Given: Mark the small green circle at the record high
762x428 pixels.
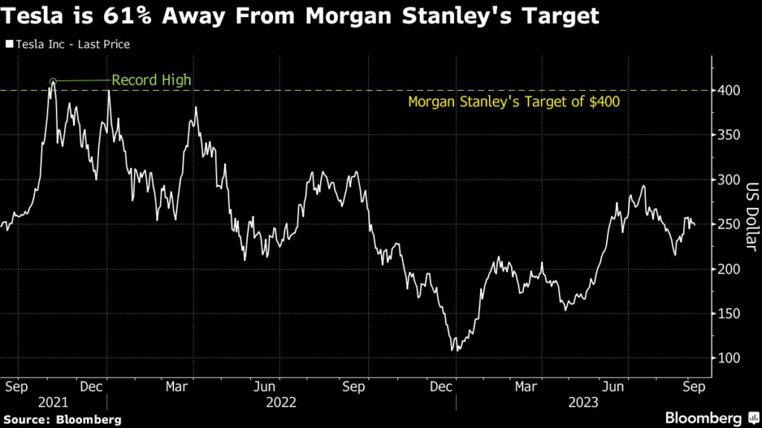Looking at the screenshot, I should (53, 81).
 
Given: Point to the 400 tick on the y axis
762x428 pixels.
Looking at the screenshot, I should (729, 91).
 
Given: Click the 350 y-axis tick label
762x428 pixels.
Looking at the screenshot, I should (729, 135).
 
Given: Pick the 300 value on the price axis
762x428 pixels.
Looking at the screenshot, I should (729, 180).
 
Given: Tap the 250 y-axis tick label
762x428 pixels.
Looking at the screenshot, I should (729, 224).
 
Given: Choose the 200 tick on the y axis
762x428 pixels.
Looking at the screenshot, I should (729, 269).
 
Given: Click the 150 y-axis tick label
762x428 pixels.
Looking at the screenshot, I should (729, 314).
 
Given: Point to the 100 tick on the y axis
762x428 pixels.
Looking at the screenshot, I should (729, 358).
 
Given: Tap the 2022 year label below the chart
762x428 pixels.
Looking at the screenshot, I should (281, 402).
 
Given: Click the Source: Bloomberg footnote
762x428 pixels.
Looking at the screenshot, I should (61, 418).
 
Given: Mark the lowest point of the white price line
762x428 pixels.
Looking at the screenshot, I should (453, 350).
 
